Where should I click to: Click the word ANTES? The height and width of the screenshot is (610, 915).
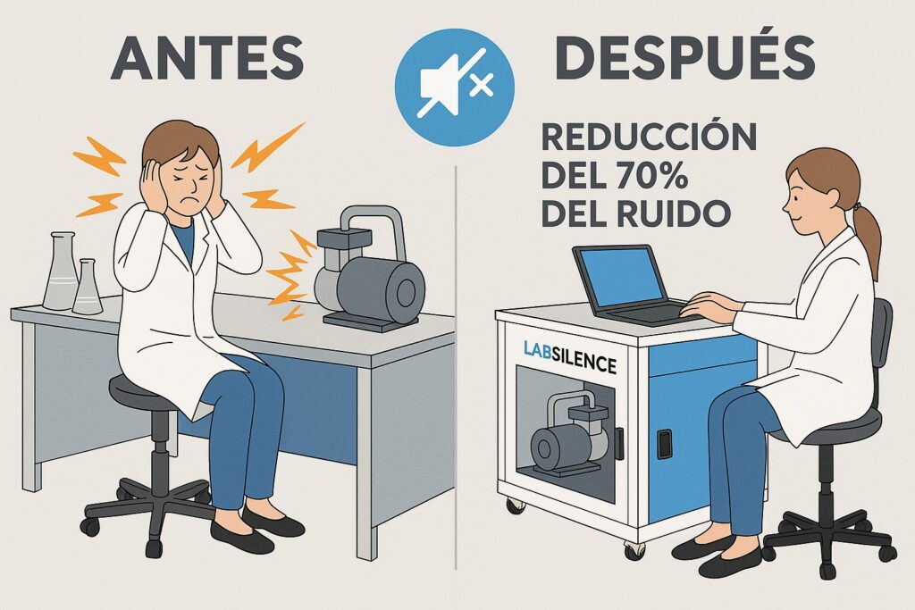pyautogui.click(x=207, y=57)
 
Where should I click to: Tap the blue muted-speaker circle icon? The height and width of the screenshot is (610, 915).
pyautogui.click(x=455, y=87)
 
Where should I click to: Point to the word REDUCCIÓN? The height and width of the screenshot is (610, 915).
pyautogui.click(x=649, y=137)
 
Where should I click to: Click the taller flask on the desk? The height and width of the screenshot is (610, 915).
pyautogui.click(x=61, y=271)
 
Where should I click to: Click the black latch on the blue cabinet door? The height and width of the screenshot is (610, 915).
pyautogui.click(x=664, y=444)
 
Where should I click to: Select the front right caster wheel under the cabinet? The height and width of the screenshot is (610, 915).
pyautogui.click(x=634, y=548)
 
